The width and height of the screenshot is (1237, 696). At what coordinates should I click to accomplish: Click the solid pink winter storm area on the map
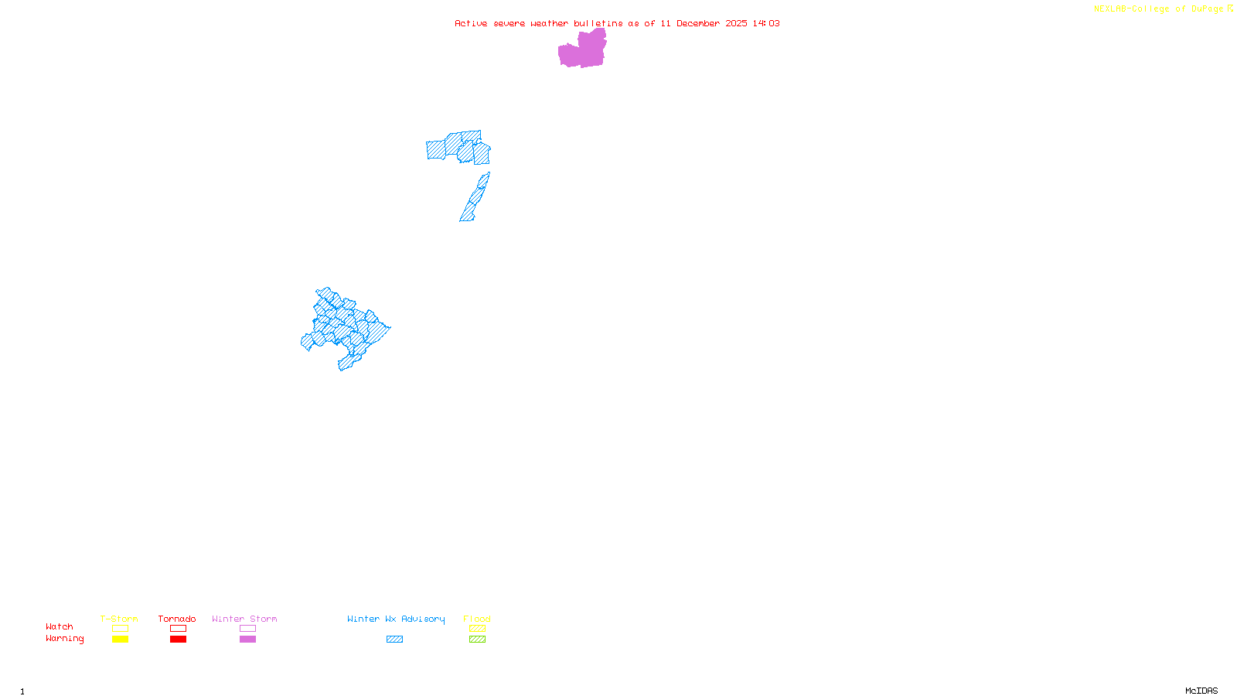[581, 51]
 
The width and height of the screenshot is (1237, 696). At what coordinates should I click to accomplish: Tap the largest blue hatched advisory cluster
[345, 329]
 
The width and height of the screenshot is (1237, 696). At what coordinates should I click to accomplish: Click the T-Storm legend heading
[119, 619]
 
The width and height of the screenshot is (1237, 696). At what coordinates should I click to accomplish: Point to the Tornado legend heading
[177, 619]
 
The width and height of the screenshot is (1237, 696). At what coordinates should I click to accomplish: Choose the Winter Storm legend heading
[244, 619]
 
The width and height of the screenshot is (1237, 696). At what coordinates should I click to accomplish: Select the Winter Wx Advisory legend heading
[396, 619]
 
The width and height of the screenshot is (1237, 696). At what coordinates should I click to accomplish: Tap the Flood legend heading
[477, 619]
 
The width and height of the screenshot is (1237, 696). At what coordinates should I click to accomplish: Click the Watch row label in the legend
[60, 627]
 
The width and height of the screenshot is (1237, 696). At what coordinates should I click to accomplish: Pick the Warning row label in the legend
[65, 639]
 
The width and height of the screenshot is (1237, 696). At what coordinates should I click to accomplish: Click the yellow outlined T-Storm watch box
[120, 629]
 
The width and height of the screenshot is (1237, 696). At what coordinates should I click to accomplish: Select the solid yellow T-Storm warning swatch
[120, 640]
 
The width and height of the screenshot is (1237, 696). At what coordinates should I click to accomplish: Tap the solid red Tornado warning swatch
[178, 640]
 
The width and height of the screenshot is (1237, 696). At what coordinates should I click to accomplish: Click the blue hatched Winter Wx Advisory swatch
[394, 640]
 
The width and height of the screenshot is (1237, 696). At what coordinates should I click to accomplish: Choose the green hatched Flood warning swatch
[477, 640]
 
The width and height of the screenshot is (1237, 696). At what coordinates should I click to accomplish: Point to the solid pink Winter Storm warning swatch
[247, 640]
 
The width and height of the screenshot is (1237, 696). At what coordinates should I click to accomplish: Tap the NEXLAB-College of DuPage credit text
[1159, 9]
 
